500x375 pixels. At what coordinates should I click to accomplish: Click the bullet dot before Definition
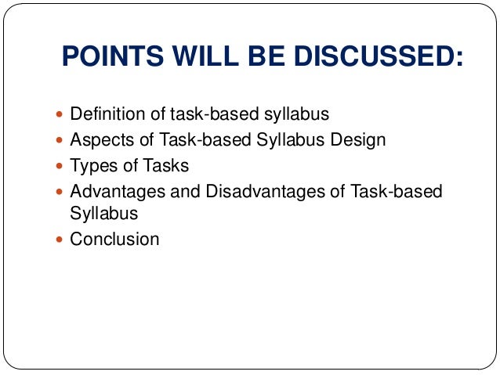pyautogui.click(x=62, y=115)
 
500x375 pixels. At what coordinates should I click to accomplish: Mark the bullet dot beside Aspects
pyautogui.click(x=62, y=141)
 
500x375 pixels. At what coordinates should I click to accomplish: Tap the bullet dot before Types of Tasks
pyautogui.click(x=62, y=167)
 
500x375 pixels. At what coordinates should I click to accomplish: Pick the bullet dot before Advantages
pyautogui.click(x=62, y=192)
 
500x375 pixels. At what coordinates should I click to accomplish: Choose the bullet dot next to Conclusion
pyautogui.click(x=62, y=240)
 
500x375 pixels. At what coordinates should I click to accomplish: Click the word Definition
pyautogui.click(x=107, y=114)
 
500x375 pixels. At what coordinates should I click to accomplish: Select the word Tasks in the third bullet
pyautogui.click(x=164, y=166)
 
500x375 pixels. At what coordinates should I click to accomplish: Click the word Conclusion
pyautogui.click(x=114, y=239)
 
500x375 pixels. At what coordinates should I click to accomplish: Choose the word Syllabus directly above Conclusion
pyautogui.click(x=103, y=213)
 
